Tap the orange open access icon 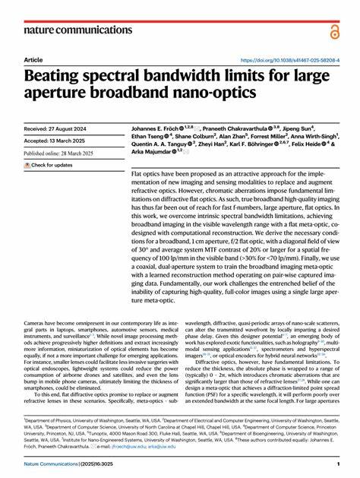[334, 30]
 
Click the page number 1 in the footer [337, 464]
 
